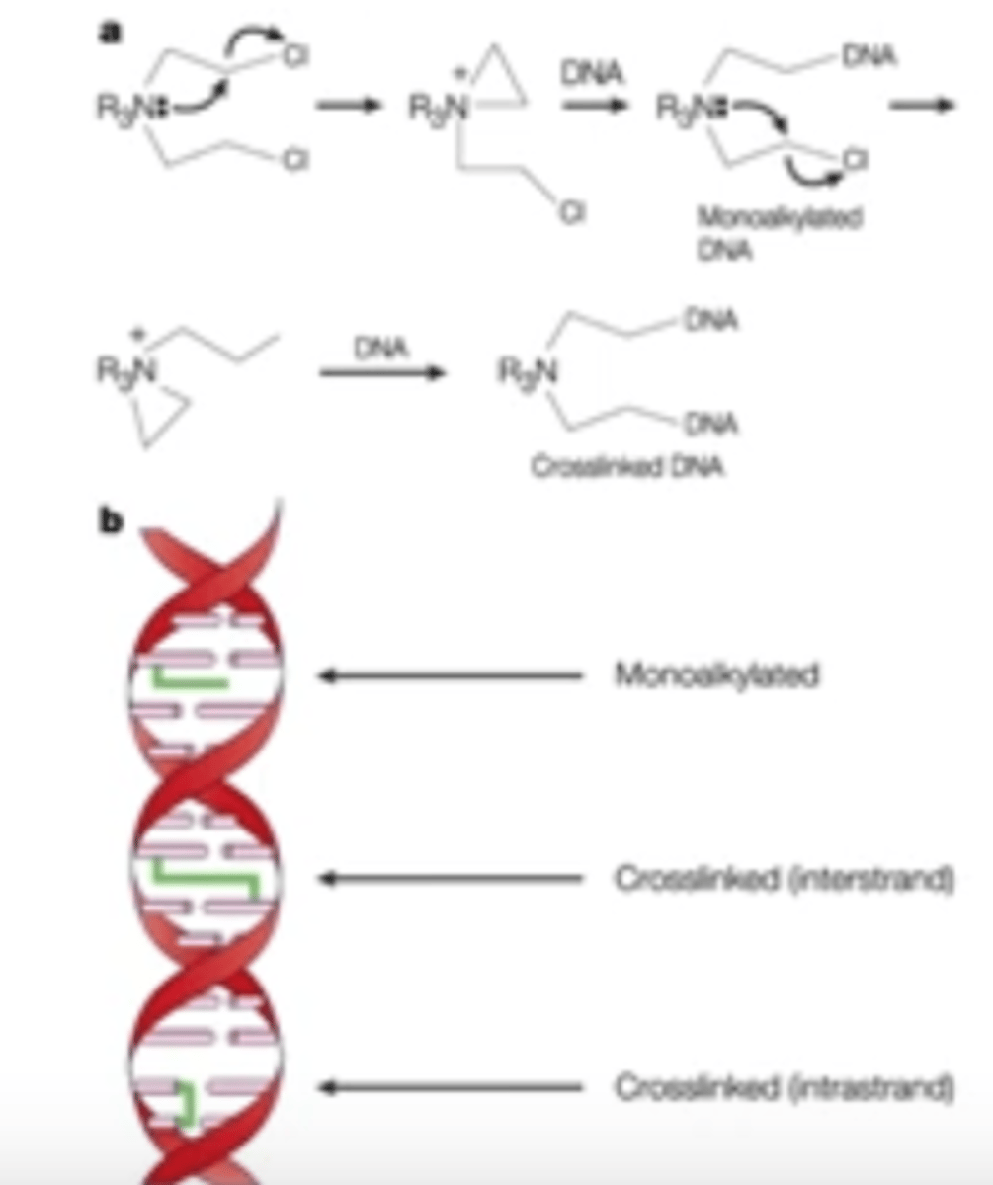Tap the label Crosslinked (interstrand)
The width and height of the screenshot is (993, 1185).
[x=785, y=878]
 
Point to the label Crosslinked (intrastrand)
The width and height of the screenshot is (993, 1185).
[x=785, y=1088]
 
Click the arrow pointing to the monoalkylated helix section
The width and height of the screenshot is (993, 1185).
[x=451, y=676]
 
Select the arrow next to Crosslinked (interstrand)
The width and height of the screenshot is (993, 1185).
[x=451, y=878]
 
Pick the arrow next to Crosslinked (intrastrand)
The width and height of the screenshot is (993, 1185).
[x=451, y=1088]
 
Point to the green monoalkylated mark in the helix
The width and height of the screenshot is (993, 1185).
[x=188, y=678]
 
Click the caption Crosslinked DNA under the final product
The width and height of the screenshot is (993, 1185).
[x=628, y=470]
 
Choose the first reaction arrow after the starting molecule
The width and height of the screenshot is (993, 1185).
[x=347, y=107]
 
